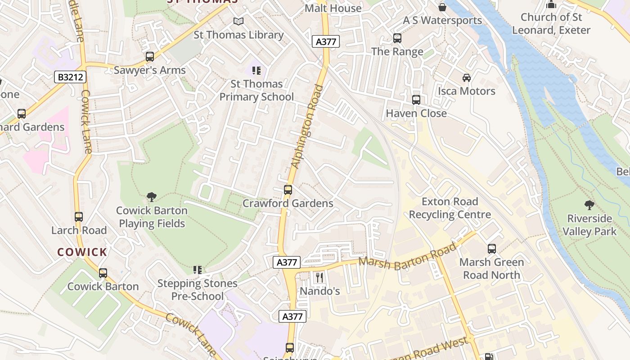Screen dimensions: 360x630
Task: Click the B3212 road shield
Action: pyautogui.click(x=70, y=77)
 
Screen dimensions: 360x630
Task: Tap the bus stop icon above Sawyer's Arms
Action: pyautogui.click(x=150, y=57)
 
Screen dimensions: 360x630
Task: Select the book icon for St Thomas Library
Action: pyautogui.click(x=238, y=21)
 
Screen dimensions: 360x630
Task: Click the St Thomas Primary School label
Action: pyautogui.click(x=256, y=90)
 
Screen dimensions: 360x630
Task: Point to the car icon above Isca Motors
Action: pyautogui.click(x=467, y=77)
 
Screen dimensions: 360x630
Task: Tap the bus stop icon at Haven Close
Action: pyautogui.click(x=416, y=100)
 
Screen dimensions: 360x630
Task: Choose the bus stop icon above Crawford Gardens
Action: pyautogui.click(x=288, y=190)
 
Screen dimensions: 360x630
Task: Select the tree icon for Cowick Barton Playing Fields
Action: pyautogui.click(x=152, y=197)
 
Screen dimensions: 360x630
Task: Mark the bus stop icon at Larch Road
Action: pyautogui.click(x=79, y=217)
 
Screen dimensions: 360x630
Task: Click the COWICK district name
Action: pyautogui.click(x=82, y=252)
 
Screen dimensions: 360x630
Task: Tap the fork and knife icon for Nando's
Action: pyautogui.click(x=319, y=277)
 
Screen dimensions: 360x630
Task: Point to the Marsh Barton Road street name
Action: pyautogui.click(x=408, y=257)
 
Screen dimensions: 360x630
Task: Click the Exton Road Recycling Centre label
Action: pyautogui.click(x=450, y=208)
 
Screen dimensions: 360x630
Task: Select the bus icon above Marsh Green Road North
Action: pyautogui.click(x=491, y=248)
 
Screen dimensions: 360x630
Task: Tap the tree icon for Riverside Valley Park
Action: pyautogui.click(x=589, y=205)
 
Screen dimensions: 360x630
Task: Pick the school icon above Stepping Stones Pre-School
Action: pyautogui.click(x=197, y=270)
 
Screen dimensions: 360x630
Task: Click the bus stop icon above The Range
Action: pyautogui.click(x=397, y=38)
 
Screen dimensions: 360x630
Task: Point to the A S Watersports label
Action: pyautogui.click(x=442, y=20)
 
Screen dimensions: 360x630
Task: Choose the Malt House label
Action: pyautogui.click(x=333, y=8)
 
